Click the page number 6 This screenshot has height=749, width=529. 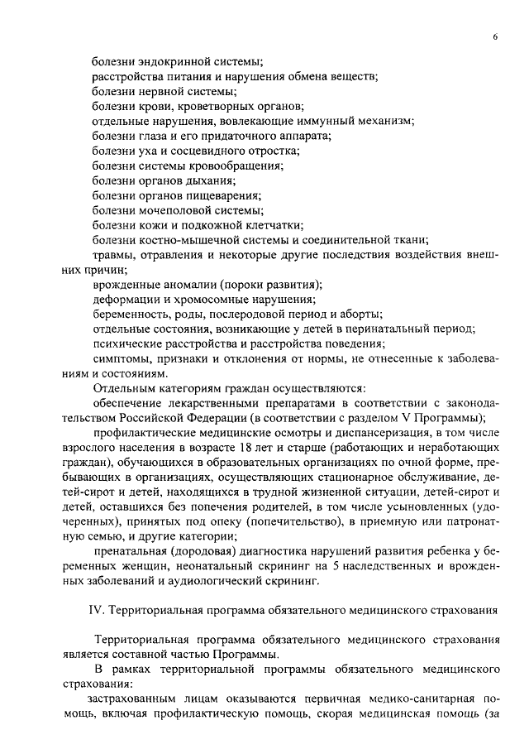pyautogui.click(x=494, y=38)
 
